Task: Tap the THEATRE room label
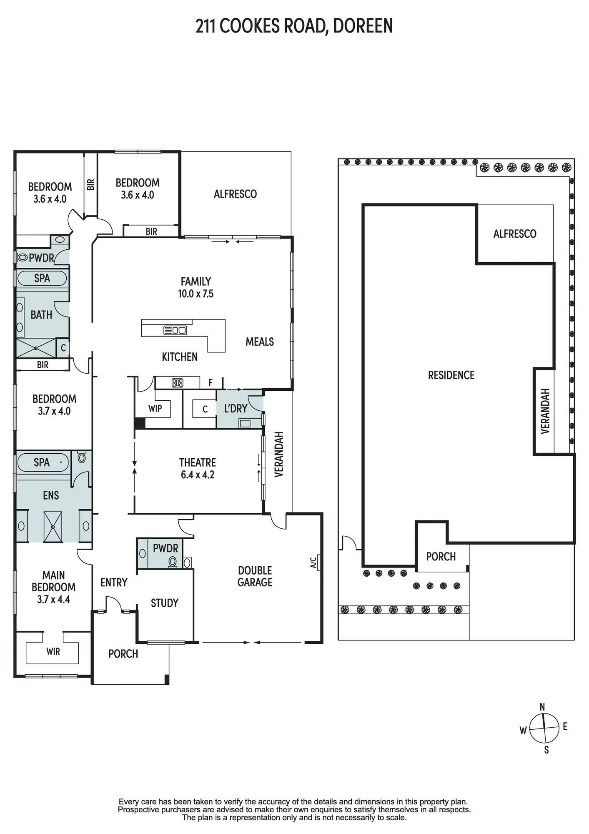pyautogui.click(x=198, y=462)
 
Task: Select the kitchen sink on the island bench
pyautogui.click(x=175, y=330)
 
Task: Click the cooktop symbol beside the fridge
pyautogui.click(x=178, y=382)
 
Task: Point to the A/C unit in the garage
pyautogui.click(x=318, y=562)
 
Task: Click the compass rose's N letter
pyautogui.click(x=542, y=707)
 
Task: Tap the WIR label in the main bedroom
pyautogui.click(x=53, y=651)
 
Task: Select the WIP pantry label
pyautogui.click(x=155, y=408)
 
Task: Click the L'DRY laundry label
pyautogui.click(x=236, y=409)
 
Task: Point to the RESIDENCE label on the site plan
pyautogui.click(x=451, y=375)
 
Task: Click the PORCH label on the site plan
pyautogui.click(x=441, y=557)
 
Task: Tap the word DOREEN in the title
pyautogui.click(x=363, y=26)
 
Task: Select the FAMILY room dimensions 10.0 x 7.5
pyautogui.click(x=195, y=294)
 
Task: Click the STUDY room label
pyautogui.click(x=165, y=603)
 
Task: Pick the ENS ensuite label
pyautogui.click(x=51, y=495)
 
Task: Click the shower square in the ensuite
pyautogui.click(x=53, y=527)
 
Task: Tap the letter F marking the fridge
pyautogui.click(x=211, y=382)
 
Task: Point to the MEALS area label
pyautogui.click(x=260, y=342)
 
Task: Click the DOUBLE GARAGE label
pyautogui.click(x=255, y=576)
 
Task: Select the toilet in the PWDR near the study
pyautogui.click(x=172, y=563)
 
